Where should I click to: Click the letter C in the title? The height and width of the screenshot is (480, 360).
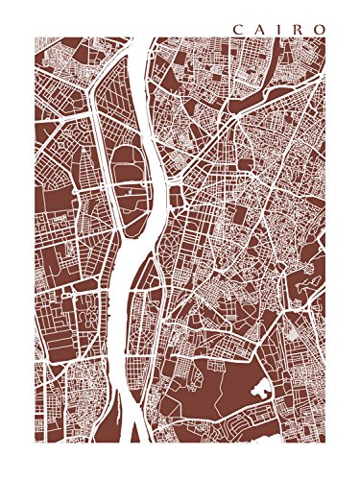[235, 28]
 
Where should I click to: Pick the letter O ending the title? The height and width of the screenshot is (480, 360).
[317, 28]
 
